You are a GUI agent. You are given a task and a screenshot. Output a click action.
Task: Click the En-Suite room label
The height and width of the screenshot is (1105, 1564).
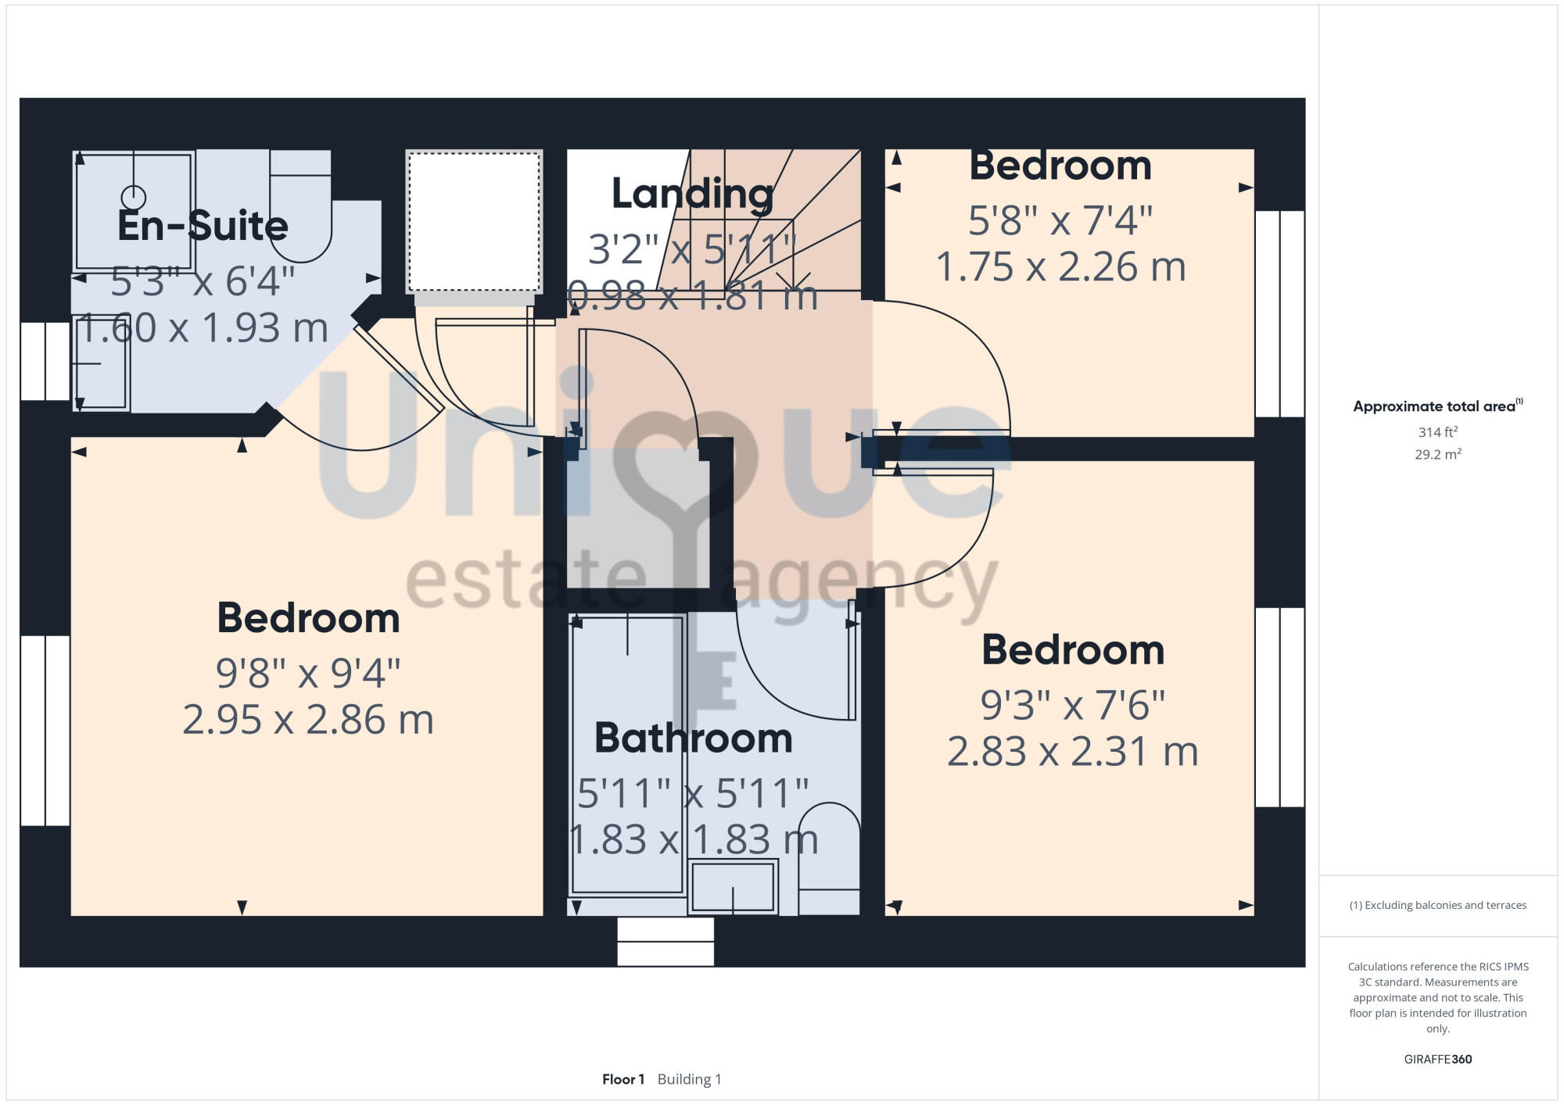203,226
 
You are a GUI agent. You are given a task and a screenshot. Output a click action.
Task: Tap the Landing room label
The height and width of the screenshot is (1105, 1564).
692,193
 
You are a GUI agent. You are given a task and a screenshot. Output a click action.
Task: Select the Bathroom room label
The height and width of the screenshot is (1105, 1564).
693,738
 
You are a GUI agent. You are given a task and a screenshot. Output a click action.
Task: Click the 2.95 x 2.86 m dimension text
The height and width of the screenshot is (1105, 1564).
308,720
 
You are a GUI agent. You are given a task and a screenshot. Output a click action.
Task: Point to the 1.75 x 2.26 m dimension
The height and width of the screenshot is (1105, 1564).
1060,266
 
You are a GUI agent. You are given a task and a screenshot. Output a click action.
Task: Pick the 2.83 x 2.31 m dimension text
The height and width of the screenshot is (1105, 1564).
1072,752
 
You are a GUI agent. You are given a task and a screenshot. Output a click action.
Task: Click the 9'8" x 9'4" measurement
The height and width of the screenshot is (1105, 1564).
308,673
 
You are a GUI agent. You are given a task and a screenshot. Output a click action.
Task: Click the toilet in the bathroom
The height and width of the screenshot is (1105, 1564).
829,860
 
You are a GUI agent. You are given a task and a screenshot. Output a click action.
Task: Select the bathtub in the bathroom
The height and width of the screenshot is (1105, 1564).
627,754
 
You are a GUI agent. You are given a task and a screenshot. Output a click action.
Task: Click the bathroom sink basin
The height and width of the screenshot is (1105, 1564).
733,886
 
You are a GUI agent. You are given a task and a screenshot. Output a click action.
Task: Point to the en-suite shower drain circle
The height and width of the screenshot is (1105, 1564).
134,196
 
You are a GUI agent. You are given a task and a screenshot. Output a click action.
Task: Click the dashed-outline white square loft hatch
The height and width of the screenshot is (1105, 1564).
474,221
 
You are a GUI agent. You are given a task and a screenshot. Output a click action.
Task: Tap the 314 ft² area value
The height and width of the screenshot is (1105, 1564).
1437,432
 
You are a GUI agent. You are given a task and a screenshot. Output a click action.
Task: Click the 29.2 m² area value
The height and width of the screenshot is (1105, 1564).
1437,454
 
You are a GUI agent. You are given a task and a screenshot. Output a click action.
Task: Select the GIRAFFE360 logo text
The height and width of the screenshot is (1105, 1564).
1437,1060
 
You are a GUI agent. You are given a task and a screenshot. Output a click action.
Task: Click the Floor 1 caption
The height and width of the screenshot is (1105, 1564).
623,1079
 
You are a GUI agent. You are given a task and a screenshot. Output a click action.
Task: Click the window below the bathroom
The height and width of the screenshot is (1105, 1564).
665,941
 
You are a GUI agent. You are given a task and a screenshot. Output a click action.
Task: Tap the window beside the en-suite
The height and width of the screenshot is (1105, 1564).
45,361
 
